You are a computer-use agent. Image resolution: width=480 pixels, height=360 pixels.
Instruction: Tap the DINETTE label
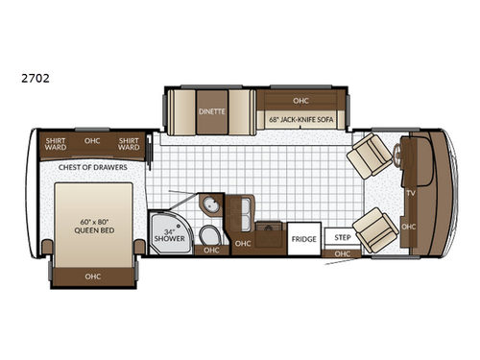coord(212,110)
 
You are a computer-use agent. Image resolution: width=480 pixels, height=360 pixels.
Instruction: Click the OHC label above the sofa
coord(301,98)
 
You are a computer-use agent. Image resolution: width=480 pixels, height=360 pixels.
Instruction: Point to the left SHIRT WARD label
coord(56,144)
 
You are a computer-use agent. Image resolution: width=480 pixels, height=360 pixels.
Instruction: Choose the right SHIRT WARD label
coord(129,144)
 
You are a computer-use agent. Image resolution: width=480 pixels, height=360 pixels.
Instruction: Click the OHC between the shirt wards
coord(92,140)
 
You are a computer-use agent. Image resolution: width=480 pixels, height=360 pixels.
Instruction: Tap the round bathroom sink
coord(209,204)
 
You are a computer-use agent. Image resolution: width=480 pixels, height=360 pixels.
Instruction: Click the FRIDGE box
coord(304,239)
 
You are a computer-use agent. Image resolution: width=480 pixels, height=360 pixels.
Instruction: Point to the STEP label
coord(339,236)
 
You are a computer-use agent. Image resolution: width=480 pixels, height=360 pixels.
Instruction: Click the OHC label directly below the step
coord(342,253)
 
